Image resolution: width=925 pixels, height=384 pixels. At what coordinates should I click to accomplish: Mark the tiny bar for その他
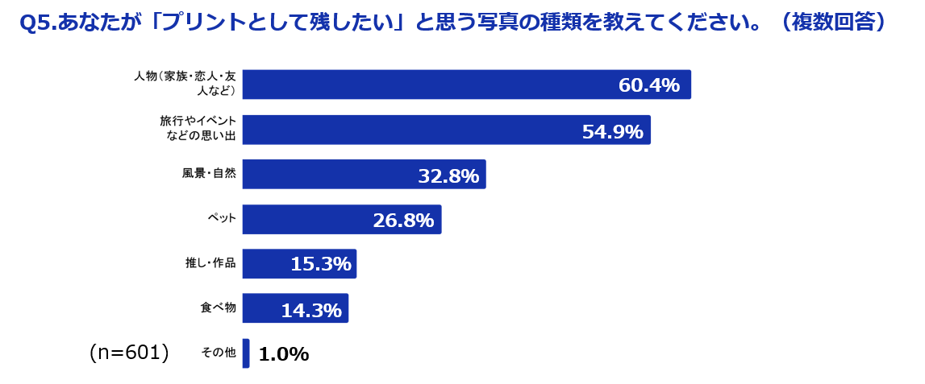(x=246, y=353)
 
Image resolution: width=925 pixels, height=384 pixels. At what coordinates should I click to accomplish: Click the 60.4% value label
(x=648, y=85)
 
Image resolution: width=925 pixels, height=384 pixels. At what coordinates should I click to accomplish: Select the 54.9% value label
(x=612, y=131)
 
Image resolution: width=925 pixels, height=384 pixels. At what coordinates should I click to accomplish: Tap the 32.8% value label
(x=448, y=175)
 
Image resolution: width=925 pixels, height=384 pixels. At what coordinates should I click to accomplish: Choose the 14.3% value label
(x=311, y=310)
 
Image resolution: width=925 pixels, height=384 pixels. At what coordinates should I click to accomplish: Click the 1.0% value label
(x=283, y=355)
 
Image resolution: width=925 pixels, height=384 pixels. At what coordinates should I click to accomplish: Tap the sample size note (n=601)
(x=129, y=353)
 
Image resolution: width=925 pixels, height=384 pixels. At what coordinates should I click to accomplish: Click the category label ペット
(x=221, y=218)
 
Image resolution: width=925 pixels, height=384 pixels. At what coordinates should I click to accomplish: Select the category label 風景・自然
(x=209, y=173)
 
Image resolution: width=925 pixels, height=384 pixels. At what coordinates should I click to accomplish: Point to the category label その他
(x=218, y=353)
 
